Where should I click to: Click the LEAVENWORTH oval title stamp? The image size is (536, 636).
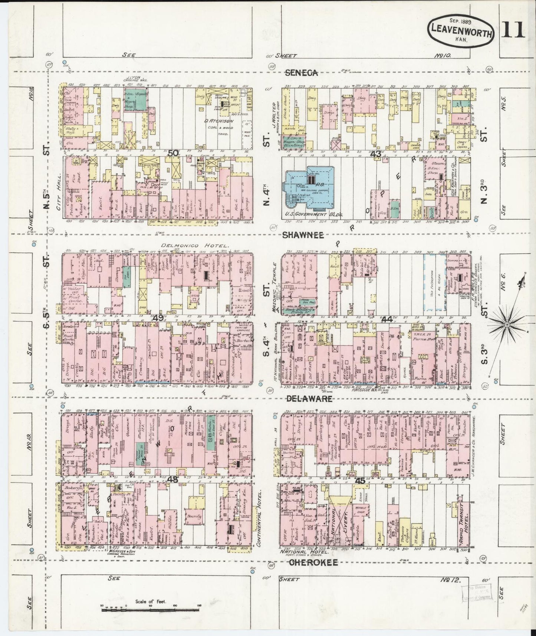pos(461,32)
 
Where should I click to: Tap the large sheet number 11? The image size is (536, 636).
pos(513,30)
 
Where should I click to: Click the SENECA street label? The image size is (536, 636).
pos(301,73)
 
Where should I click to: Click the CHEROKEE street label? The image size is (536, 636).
pos(313,563)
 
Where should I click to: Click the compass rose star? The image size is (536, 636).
pos(507,325)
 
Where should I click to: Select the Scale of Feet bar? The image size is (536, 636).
pos(150,609)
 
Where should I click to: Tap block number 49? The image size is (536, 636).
pos(158,318)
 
